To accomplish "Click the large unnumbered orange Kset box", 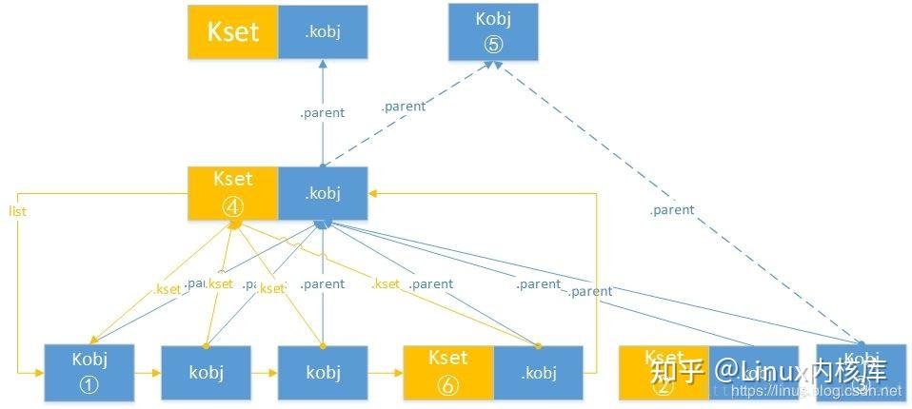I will pyautogui.click(x=232, y=31).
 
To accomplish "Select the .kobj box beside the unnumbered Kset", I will pyautogui.click(x=323, y=31).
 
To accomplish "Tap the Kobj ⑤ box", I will pyautogui.click(x=493, y=31).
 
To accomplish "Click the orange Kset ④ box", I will pyautogui.click(x=232, y=194).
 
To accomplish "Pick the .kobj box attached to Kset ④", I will pyautogui.click(x=323, y=194).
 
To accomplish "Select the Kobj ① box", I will pyautogui.click(x=89, y=372).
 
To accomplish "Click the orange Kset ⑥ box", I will pyautogui.click(x=448, y=372).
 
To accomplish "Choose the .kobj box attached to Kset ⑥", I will pyautogui.click(x=538, y=372).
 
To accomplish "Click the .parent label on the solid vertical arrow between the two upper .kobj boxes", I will pyautogui.click(x=323, y=112).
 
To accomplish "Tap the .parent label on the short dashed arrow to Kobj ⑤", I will pyautogui.click(x=404, y=107).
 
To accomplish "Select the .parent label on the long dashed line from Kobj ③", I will pyautogui.click(x=672, y=209).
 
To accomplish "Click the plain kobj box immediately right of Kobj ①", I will pyautogui.click(x=206, y=372).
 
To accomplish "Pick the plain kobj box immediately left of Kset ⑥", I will pyautogui.click(x=323, y=372).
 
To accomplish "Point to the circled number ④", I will pyautogui.click(x=232, y=204).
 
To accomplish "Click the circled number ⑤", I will pyautogui.click(x=493, y=43).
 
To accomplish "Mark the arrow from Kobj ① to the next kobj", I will pyautogui.click(x=148, y=373).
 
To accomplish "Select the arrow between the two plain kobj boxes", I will pyautogui.click(x=264, y=373).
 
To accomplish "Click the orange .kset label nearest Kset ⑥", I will pyautogui.click(x=387, y=283).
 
